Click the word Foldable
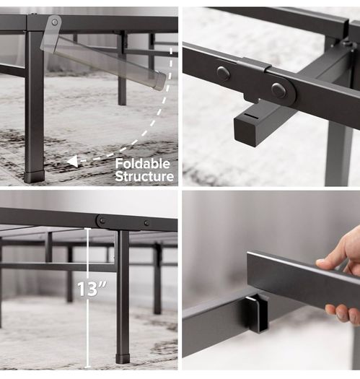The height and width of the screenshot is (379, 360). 143,164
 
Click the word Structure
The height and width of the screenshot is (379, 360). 144,176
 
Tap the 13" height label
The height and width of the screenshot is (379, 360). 92,289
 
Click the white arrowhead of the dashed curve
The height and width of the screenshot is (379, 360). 72,161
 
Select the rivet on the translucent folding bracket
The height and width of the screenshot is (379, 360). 55,22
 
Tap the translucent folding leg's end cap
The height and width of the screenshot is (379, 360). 159,80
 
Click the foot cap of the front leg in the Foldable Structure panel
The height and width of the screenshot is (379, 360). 35,177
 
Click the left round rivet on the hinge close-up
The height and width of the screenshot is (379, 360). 223,72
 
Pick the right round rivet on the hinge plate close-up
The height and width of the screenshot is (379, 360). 278,90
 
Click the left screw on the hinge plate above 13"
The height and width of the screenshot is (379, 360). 102,221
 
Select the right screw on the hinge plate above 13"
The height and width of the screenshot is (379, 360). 146,223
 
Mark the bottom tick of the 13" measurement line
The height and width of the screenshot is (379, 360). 88,367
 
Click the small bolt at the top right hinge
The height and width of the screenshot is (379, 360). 348,43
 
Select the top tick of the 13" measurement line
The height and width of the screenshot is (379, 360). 88,228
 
